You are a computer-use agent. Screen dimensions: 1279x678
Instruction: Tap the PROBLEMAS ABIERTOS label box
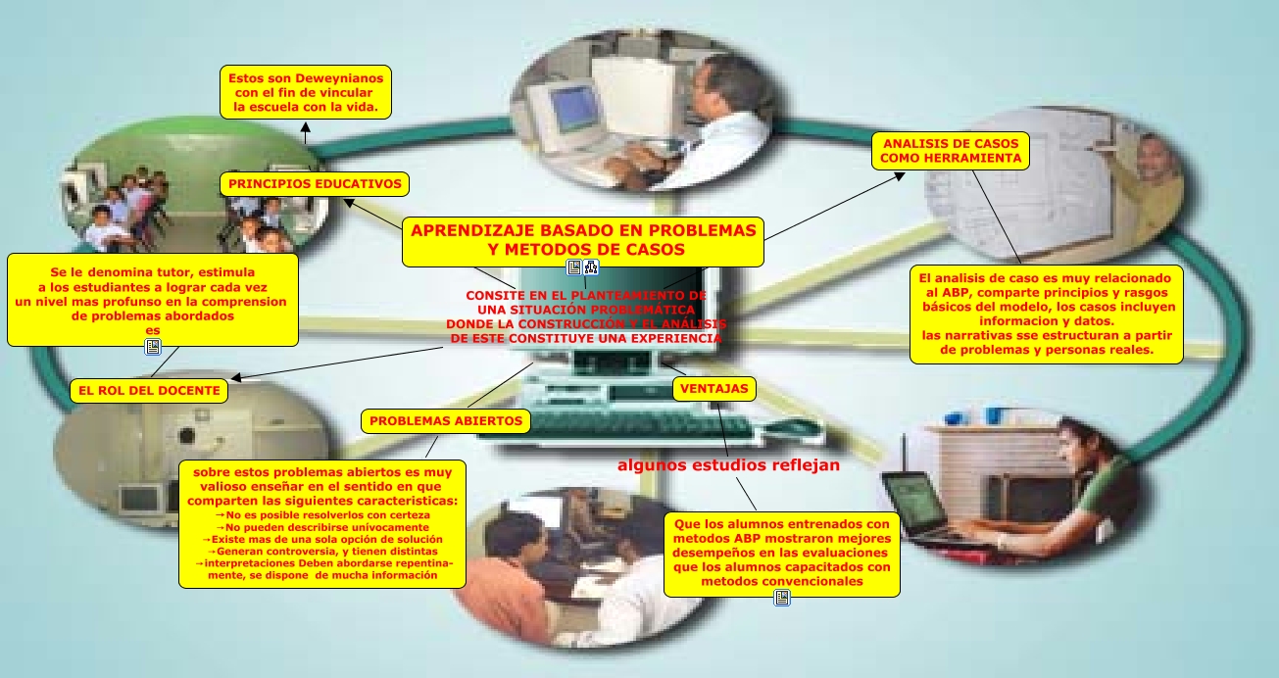point(446,421)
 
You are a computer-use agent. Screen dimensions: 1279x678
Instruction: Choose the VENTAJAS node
point(714,388)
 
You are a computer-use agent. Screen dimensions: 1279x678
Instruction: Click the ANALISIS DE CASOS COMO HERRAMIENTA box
point(950,150)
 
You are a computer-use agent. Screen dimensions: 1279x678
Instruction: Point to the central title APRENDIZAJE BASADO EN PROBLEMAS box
point(583,240)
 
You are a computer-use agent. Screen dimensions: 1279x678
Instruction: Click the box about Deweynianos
point(305,92)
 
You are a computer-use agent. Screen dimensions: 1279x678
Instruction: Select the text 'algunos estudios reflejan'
point(728,465)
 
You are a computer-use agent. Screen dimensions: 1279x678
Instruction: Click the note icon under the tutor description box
point(152,347)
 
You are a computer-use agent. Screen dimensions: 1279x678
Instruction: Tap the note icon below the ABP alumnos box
point(781,597)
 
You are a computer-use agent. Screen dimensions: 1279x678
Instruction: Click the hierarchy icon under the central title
point(591,267)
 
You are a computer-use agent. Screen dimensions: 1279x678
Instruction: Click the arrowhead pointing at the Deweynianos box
point(305,126)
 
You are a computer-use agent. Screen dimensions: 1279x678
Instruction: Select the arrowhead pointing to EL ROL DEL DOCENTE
point(236,377)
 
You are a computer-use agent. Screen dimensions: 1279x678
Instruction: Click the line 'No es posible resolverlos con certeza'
point(320,514)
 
